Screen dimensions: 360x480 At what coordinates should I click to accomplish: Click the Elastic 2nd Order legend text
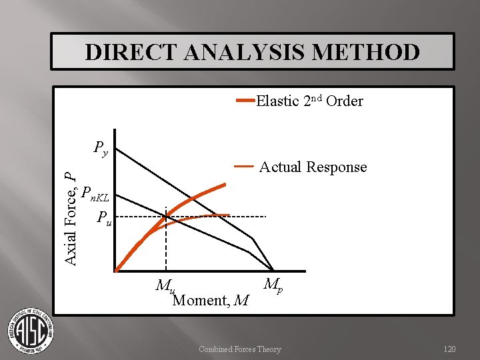point(309,101)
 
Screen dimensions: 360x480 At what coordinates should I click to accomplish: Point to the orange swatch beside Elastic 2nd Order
point(245,101)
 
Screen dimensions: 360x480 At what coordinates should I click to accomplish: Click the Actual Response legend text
point(313,167)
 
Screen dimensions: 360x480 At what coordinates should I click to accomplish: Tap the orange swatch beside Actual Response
point(243,165)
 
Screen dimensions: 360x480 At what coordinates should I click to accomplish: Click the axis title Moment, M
point(211,301)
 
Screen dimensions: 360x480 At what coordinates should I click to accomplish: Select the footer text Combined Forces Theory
point(239,349)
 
